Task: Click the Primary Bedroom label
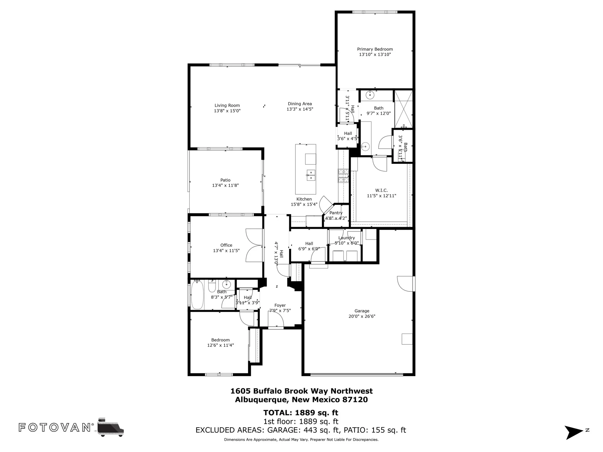pyautogui.click(x=375, y=49)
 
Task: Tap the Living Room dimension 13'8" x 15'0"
pyautogui.click(x=227, y=111)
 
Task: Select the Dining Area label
pyautogui.click(x=300, y=104)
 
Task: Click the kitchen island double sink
pyautogui.click(x=311, y=175)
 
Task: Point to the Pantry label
pyautogui.click(x=336, y=213)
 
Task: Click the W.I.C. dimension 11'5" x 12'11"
pyautogui.click(x=381, y=196)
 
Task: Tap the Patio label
pyautogui.click(x=225, y=180)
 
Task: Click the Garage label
pyautogui.click(x=362, y=311)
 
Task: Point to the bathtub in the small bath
pyautogui.click(x=197, y=295)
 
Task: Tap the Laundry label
pyautogui.click(x=346, y=238)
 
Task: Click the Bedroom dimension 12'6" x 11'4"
pyautogui.click(x=220, y=345)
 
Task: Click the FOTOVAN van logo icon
pyautogui.click(x=110, y=427)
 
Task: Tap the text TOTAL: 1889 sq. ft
pyautogui.click(x=301, y=413)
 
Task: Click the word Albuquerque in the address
pyautogui.click(x=261, y=400)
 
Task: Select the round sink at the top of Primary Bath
pyautogui.click(x=370, y=95)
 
